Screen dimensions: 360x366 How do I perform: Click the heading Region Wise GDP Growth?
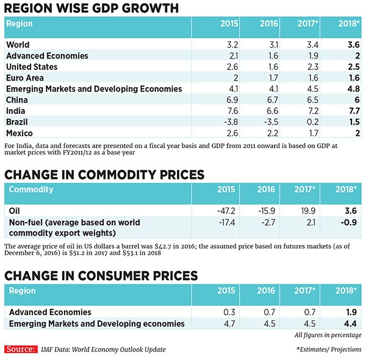(91, 8)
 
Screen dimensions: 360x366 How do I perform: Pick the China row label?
(16, 99)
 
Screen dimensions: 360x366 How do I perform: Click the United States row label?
(32, 67)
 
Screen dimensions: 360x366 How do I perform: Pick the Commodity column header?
(31, 190)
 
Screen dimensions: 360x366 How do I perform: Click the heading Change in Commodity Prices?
(104, 174)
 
